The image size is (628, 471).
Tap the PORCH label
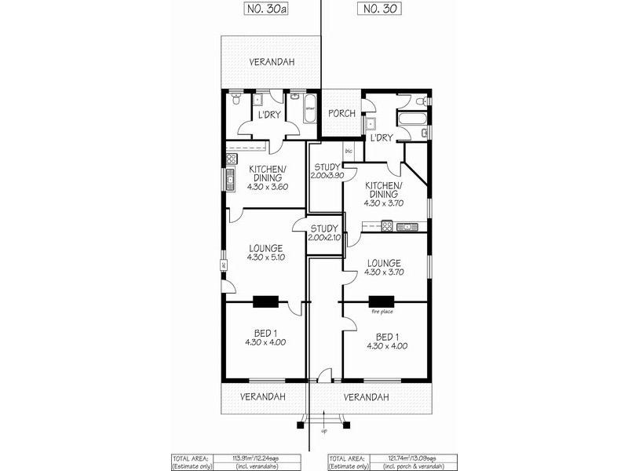[x=341, y=114]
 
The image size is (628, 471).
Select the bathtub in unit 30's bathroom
[x=413, y=120]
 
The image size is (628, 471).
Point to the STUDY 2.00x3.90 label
[x=324, y=171]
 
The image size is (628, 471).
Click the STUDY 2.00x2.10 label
[x=323, y=232]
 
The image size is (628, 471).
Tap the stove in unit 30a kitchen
[x=230, y=160]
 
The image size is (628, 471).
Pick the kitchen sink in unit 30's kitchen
[x=407, y=227]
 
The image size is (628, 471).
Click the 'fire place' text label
[x=382, y=312]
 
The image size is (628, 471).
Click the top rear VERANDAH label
[x=272, y=62]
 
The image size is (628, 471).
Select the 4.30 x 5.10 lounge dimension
[x=265, y=257]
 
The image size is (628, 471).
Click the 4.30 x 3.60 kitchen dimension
[x=268, y=188]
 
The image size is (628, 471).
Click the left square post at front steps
[x=300, y=425]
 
